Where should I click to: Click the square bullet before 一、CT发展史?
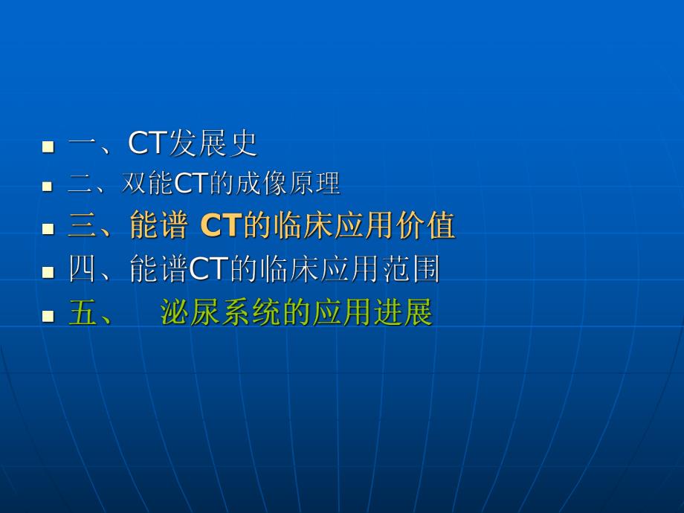48,146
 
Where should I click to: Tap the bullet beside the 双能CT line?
48,187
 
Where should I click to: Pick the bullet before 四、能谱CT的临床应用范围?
48,272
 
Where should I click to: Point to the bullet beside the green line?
48,316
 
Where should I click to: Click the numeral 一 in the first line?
82,144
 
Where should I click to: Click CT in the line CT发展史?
146,143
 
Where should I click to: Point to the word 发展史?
213,143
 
